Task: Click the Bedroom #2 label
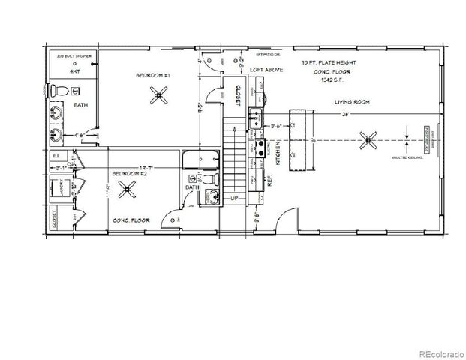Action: pos(128,173)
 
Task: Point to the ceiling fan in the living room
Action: pos(368,139)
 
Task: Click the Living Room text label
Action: pos(353,102)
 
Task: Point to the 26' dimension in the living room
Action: pos(346,114)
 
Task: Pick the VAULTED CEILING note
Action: pos(408,158)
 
